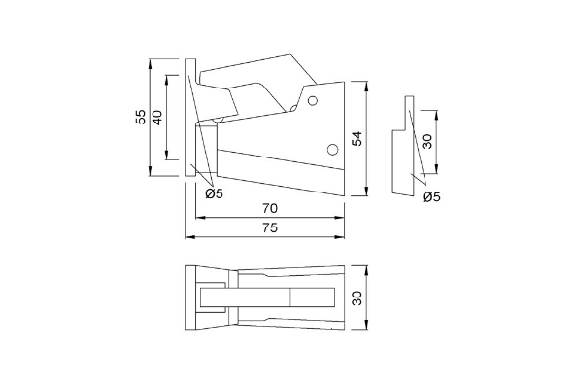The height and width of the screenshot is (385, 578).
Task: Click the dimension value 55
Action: coord(141,118)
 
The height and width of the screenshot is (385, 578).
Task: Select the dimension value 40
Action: coord(157,118)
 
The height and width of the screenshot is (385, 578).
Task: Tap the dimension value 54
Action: coord(357,139)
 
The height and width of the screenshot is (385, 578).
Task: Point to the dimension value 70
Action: coord(270,208)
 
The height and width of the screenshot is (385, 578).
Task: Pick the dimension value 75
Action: coord(270,227)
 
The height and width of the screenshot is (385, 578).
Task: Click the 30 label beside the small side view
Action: coord(426,141)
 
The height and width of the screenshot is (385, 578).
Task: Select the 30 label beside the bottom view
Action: coord(357,297)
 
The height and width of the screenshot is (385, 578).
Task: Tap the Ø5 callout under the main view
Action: coord(215,193)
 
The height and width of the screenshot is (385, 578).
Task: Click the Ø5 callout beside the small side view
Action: coord(431,197)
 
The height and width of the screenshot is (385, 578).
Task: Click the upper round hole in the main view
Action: coord(312,101)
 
